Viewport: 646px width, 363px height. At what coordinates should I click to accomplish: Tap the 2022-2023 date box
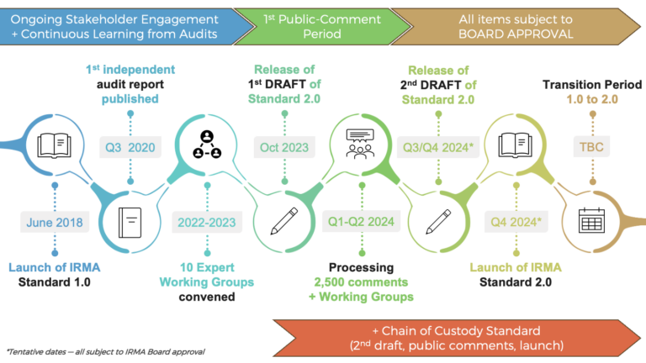point(206,223)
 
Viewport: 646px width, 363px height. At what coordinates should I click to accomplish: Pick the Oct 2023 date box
point(283,148)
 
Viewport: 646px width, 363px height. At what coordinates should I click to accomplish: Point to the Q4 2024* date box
point(516,223)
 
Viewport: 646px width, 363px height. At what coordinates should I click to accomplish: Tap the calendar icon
point(593,223)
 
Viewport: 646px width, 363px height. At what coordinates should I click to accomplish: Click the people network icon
point(206,145)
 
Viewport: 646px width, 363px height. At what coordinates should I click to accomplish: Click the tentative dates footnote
point(105,350)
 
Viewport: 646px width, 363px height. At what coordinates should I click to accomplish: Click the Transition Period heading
point(591,85)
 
